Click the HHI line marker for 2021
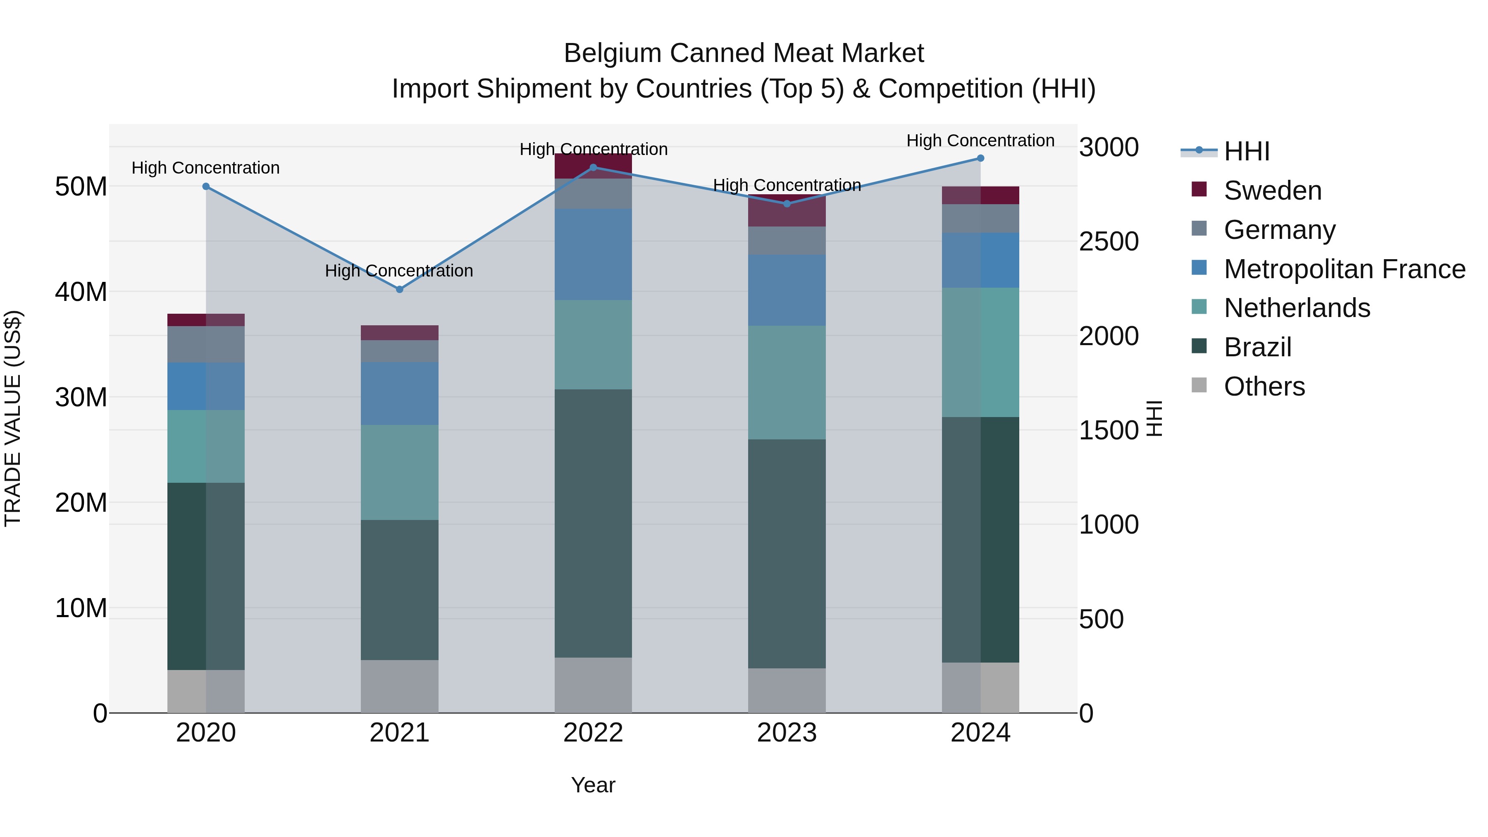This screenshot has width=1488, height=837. point(399,289)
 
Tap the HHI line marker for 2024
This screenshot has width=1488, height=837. point(980,158)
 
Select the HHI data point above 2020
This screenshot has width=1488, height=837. point(206,186)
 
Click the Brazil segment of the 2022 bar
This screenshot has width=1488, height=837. point(593,523)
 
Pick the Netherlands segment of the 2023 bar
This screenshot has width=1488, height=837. point(787,382)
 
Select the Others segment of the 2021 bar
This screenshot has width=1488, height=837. point(399,686)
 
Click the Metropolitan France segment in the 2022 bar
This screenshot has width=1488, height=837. point(593,254)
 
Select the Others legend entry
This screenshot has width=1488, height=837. point(1264,386)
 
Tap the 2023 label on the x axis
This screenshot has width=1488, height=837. point(787,733)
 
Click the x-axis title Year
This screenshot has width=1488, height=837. point(593,785)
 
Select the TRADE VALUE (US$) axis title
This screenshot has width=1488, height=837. point(13,418)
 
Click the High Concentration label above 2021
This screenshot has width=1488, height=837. point(399,270)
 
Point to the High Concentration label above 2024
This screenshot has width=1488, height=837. point(980,141)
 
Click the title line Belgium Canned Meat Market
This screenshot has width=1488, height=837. point(744,53)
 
